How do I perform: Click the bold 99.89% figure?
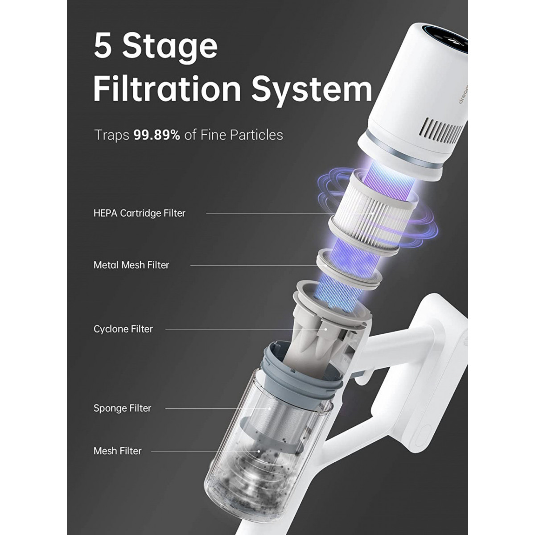(x=156, y=135)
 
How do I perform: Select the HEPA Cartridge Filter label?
(x=140, y=213)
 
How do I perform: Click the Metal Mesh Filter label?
(x=132, y=265)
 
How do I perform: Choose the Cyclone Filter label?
(x=123, y=329)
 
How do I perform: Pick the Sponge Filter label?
(x=123, y=408)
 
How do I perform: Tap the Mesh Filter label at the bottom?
(x=118, y=451)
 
